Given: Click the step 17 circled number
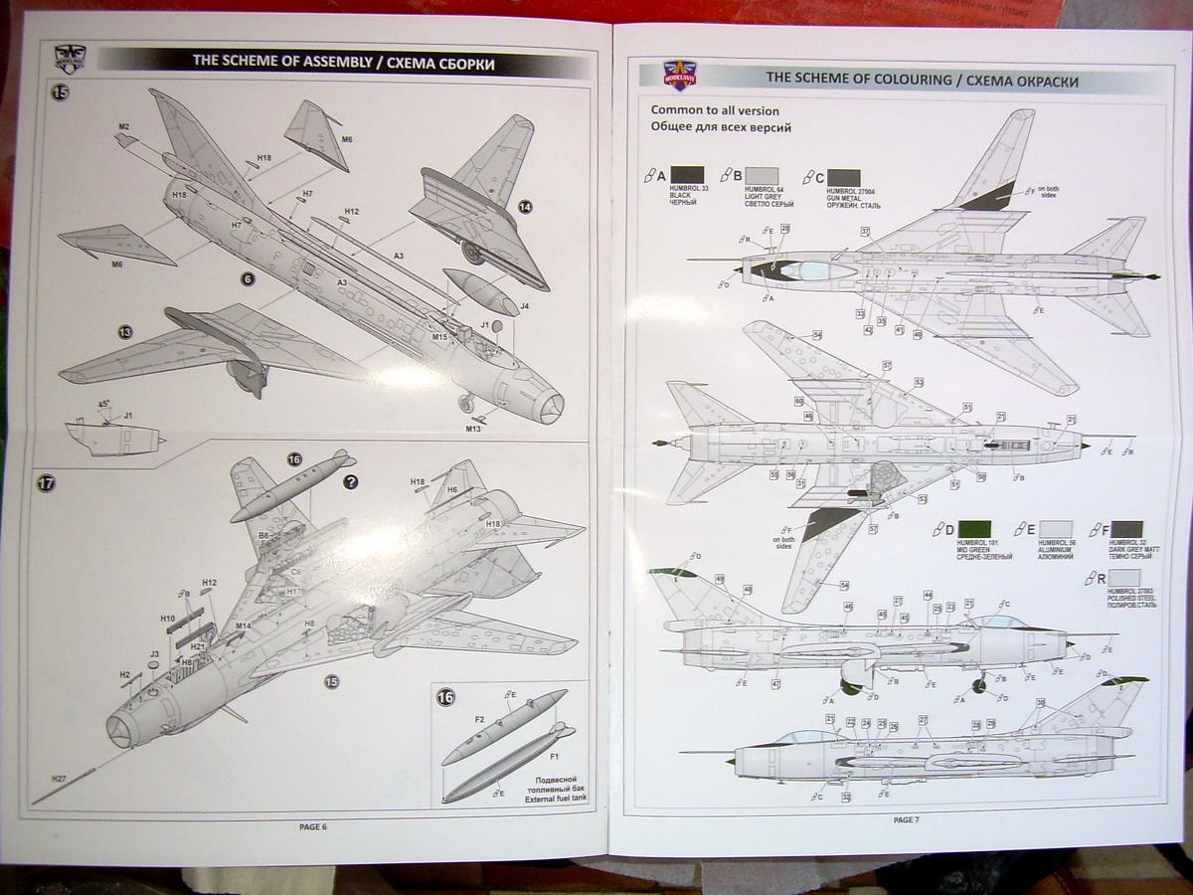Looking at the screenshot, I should point(46,483).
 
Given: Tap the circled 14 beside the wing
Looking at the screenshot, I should point(525,207).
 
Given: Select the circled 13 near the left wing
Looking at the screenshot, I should point(125,332).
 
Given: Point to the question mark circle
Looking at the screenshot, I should point(350,482).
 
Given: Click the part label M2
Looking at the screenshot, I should point(124,126).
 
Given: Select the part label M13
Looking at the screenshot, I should point(472,429).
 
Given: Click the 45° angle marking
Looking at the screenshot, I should point(105,405).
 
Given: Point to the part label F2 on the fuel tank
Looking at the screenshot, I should point(479,718).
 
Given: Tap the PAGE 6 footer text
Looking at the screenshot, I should point(312,826).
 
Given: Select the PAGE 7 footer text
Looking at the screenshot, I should point(906,819).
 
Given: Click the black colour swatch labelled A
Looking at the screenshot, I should point(688,176).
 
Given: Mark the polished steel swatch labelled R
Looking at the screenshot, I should point(1124,578).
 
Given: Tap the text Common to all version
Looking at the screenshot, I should point(715,110).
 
